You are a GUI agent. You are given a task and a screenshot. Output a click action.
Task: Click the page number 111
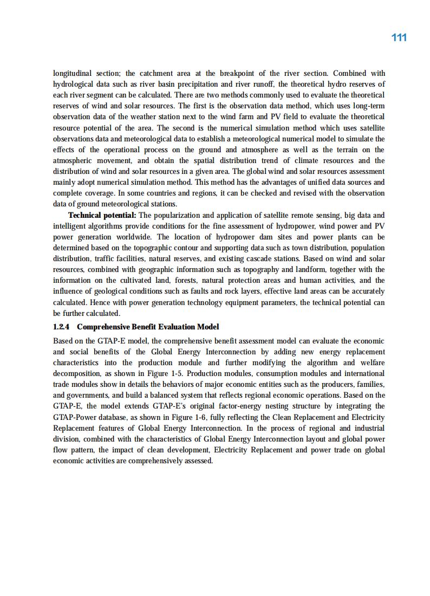click(x=399, y=37)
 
